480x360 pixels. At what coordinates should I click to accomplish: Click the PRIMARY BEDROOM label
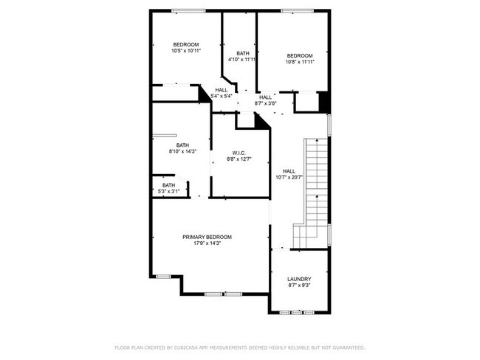pos(207,237)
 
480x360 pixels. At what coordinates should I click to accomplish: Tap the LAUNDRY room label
pos(298,279)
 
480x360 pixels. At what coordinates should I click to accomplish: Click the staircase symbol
pos(315,192)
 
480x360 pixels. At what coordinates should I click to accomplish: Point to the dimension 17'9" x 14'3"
pos(207,243)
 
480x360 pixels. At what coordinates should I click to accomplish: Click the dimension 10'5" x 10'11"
pos(186,51)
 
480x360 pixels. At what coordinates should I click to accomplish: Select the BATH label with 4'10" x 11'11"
pos(242,52)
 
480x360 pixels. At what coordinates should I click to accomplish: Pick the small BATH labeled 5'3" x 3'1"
pos(169,185)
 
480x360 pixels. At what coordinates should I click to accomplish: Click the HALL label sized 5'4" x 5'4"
pos(222,90)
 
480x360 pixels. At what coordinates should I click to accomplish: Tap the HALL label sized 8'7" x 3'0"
pos(266,97)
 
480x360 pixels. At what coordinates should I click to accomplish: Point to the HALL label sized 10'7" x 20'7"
pos(289,170)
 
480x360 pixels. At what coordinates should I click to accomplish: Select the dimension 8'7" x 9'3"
pos(298,285)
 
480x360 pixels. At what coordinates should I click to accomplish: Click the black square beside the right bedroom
pos(323,101)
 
